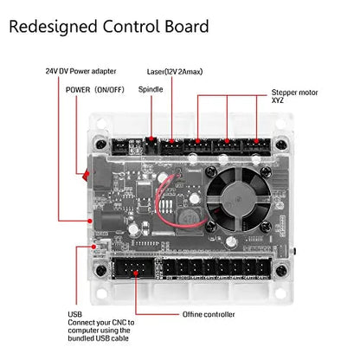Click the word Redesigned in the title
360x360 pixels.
point(53,27)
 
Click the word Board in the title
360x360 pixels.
point(187,26)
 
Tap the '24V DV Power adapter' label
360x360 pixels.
point(80,71)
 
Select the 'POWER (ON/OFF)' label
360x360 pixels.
point(95,90)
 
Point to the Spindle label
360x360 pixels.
point(151,90)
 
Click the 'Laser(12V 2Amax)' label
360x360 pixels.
point(175,72)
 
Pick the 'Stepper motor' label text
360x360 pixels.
point(294,93)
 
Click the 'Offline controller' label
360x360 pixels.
point(209,314)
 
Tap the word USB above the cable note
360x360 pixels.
point(75,314)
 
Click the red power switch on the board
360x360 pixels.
point(86,175)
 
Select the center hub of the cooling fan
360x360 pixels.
point(238,200)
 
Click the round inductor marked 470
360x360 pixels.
point(189,217)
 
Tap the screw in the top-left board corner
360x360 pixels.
point(101,145)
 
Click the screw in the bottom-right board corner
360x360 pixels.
point(281,271)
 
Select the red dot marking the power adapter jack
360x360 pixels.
point(90,221)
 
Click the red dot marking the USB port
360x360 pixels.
point(93,247)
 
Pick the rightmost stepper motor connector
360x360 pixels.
point(256,146)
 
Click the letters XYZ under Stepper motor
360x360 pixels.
point(278,100)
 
